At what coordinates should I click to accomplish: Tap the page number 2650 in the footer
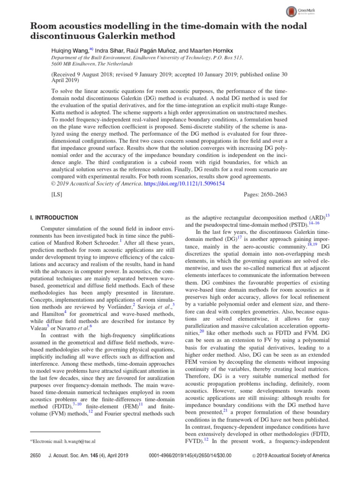[36, 455]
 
